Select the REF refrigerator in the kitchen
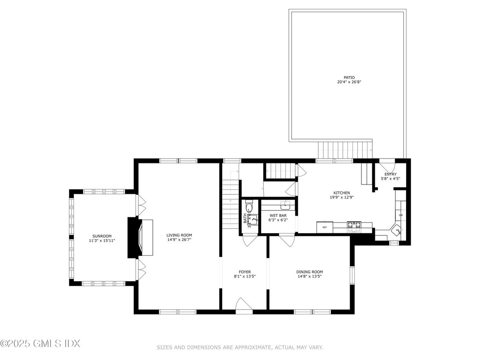point(325,227)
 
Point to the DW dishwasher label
point(400,215)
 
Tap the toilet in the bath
point(249,208)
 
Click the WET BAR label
point(278,215)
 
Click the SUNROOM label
point(102,236)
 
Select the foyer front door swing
point(244,304)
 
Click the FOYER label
point(244,271)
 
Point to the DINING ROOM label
point(309,272)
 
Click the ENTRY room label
point(390,174)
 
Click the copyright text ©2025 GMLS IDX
point(40,344)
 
